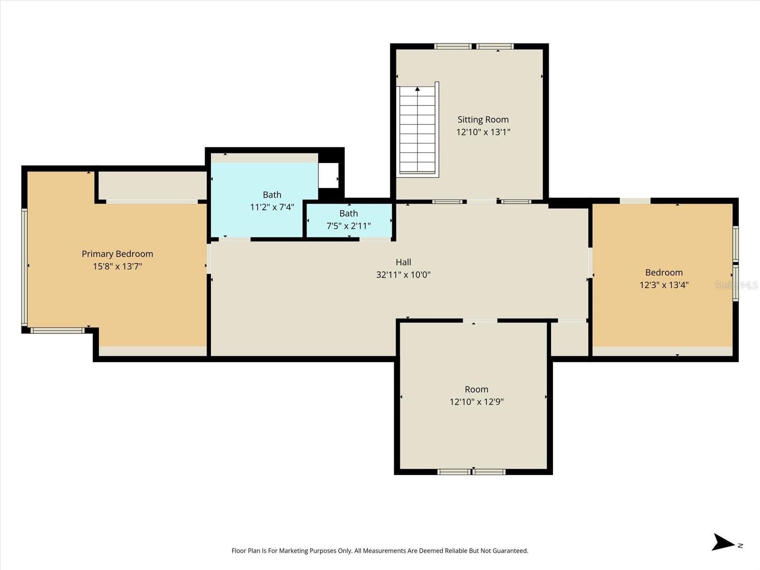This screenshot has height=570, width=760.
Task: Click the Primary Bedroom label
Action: point(117,254)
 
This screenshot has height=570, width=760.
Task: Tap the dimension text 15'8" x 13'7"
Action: point(117,266)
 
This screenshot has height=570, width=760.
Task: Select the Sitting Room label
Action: point(483,120)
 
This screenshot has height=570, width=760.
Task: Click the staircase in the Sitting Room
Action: point(418,131)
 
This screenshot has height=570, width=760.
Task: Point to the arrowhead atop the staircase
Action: point(418,89)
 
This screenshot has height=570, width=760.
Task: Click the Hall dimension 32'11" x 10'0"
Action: point(403,275)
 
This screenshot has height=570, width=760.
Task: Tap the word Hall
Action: point(403,262)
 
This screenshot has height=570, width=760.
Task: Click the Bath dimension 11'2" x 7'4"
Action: point(272,207)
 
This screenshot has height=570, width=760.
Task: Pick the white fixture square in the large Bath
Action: point(328,175)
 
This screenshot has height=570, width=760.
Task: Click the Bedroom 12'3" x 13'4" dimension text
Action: point(664,285)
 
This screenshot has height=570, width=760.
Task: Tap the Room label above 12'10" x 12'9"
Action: point(476,389)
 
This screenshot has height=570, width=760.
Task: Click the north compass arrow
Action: point(723,542)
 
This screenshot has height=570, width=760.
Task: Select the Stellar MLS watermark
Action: point(736,285)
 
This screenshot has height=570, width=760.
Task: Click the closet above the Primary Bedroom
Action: point(152,185)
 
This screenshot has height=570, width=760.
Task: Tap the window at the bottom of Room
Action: point(472,472)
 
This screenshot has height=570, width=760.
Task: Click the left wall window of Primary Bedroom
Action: point(24,266)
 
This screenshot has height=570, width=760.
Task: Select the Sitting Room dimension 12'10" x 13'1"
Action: point(483,132)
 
